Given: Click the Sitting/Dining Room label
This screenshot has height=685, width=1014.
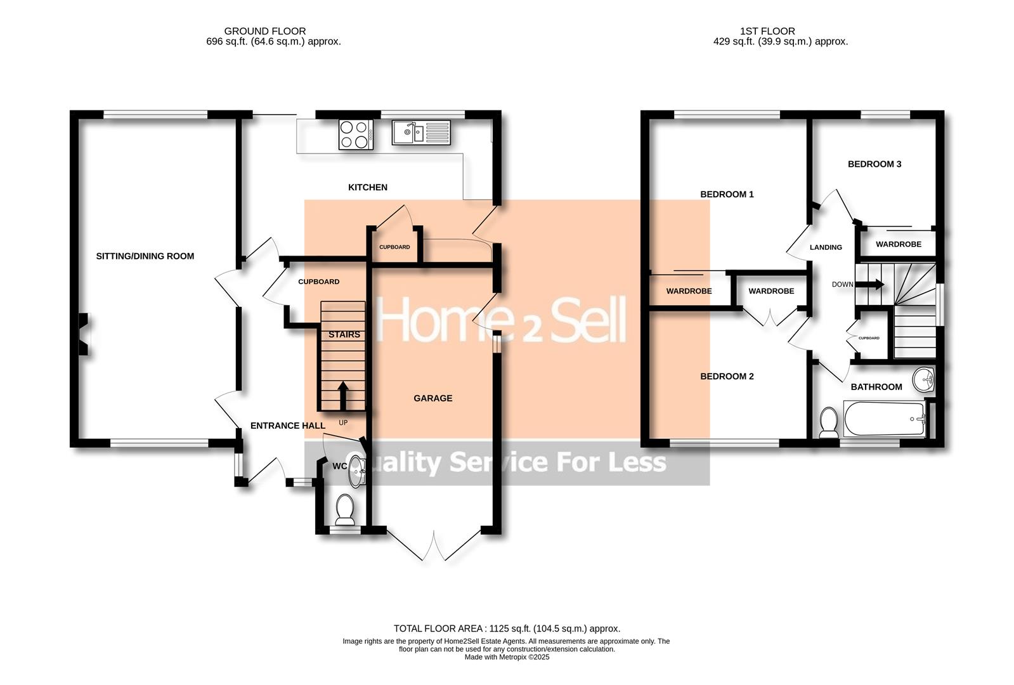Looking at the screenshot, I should (145, 256).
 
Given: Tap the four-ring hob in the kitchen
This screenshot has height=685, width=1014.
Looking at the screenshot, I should (356, 134).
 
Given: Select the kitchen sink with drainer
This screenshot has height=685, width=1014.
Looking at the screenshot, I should (421, 133).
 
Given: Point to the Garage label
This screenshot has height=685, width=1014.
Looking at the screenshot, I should (432, 398).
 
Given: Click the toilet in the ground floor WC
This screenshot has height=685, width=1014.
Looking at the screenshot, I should (345, 509).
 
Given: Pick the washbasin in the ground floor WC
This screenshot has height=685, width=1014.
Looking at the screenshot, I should (358, 469).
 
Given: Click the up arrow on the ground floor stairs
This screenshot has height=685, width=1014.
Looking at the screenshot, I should (342, 396).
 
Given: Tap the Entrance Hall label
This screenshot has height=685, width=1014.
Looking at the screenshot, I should (287, 426).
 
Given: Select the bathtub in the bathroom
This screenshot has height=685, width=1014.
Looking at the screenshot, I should (885, 419).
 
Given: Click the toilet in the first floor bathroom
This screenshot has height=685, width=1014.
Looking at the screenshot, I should (828, 422).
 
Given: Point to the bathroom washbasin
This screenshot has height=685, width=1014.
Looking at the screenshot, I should (924, 381).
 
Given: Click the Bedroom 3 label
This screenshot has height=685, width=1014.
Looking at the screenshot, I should (874, 164).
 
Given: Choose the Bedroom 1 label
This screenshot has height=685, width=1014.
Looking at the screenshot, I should (727, 194).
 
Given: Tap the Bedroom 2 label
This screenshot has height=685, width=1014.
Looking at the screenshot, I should (727, 376).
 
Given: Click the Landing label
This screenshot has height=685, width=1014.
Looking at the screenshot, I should (826, 247).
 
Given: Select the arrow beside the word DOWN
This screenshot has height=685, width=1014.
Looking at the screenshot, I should (873, 284).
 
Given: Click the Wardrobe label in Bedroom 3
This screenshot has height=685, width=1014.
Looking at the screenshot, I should (898, 244).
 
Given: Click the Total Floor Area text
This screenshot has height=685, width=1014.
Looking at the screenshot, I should (507, 629).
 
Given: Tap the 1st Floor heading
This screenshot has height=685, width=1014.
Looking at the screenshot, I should (767, 30).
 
